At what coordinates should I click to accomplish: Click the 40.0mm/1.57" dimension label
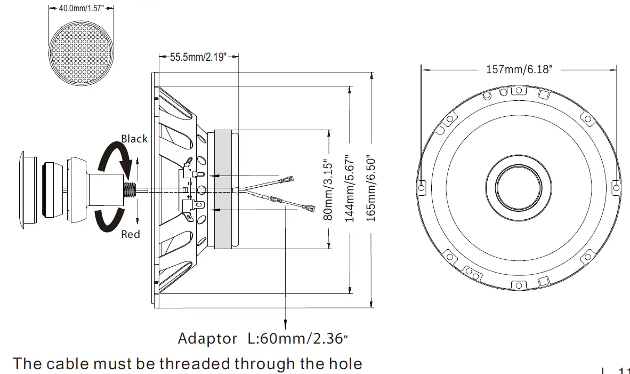point(82,9)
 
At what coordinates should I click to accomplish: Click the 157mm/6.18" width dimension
point(519,69)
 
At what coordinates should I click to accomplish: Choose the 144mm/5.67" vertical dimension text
point(350,189)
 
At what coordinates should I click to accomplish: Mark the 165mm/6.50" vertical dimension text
point(371,189)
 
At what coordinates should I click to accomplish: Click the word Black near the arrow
point(134,139)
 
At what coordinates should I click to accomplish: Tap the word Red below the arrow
point(131,234)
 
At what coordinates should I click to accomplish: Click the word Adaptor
point(207,338)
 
